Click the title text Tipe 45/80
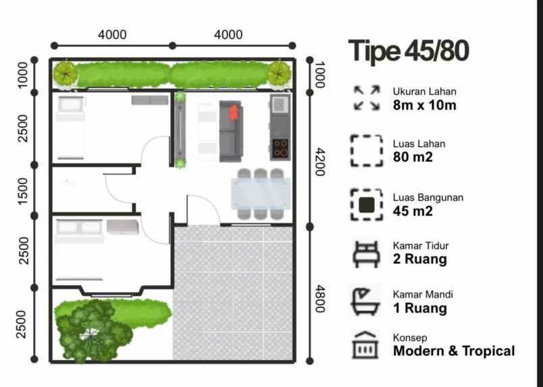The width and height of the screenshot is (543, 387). click(409, 52)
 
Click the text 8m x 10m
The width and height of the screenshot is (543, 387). click(425, 105)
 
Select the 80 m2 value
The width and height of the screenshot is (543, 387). click(413, 158)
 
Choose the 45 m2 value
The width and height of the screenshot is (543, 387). click(413, 211)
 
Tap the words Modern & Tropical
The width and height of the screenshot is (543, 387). click(454, 351)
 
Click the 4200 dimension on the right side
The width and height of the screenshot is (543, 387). click(319, 162)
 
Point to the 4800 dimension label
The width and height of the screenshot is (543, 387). click(319, 298)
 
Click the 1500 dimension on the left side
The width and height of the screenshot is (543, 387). click(23, 191)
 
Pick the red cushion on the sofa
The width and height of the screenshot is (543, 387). click(234, 112)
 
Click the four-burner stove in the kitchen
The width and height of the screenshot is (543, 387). click(280, 148)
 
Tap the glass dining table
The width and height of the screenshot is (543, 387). click(261, 194)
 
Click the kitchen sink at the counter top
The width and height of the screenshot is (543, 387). click(280, 104)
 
